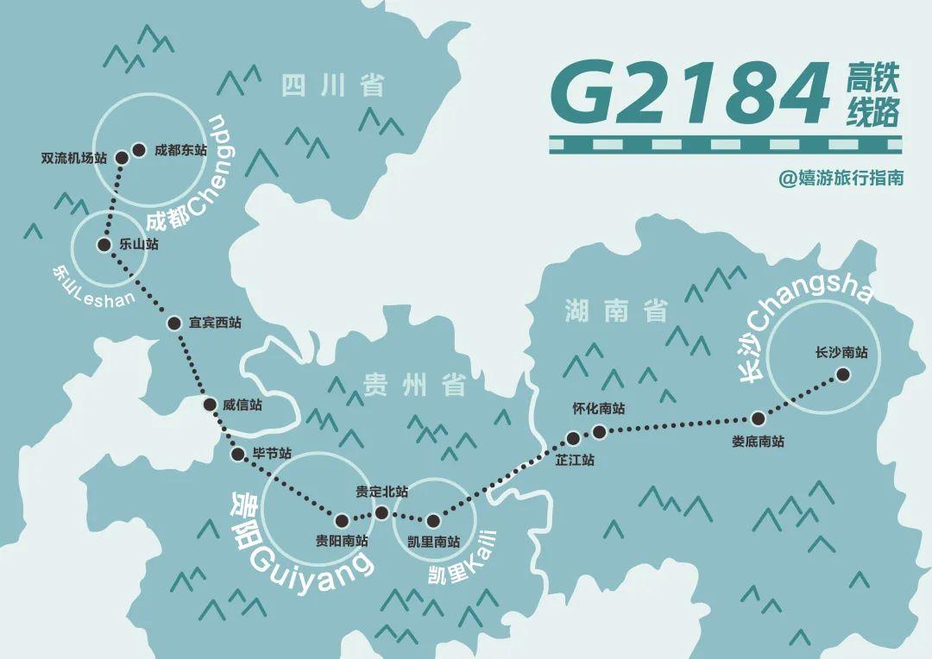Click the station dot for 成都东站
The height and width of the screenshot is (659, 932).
coord(138,149)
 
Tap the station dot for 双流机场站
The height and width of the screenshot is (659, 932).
coord(122,157)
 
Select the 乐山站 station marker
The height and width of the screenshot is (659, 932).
coord(104,244)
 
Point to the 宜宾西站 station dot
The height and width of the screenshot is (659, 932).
coord(173,323)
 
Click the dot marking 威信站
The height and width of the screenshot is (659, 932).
coord(210,404)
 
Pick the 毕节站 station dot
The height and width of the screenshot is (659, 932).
coord(238,454)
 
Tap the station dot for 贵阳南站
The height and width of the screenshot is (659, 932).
coord(342,520)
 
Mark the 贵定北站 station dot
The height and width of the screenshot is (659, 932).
coord(381,512)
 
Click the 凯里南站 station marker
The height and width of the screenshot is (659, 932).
coord(433,520)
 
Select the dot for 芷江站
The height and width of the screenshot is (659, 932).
coord(573,438)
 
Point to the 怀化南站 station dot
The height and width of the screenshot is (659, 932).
coord(599,430)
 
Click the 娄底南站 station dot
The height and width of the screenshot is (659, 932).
coord(758,419)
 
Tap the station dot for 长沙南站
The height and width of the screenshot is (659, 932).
coord(843,374)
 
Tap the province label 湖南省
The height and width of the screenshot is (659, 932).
coord(616,311)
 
